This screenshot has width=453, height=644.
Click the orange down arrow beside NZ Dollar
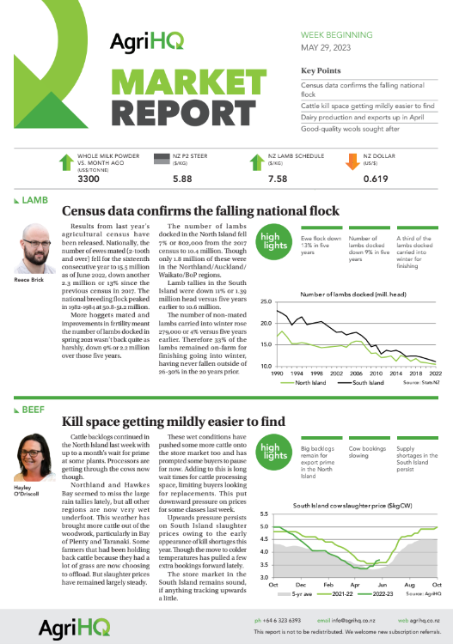[x=352, y=161]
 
